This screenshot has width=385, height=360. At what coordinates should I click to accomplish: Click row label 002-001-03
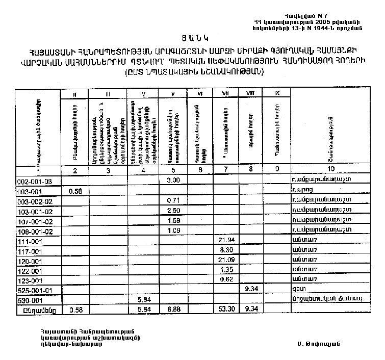point(32,181)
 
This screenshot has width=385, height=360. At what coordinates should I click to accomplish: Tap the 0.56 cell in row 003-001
point(75,191)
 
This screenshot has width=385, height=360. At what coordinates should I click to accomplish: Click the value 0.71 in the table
point(172,200)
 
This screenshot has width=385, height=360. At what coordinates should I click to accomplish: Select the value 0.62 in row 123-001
point(225,279)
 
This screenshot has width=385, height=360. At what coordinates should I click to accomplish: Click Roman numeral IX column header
point(276,93)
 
